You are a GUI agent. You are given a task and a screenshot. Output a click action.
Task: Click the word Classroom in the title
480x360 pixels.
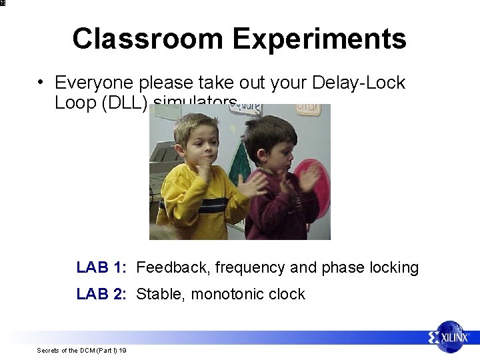click(x=149, y=39)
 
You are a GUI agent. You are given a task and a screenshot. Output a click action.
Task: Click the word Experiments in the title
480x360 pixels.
click(x=319, y=39)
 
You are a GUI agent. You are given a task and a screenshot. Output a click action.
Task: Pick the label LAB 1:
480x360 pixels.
click(x=101, y=267)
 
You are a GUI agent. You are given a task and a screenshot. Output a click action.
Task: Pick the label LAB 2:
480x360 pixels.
click(x=101, y=294)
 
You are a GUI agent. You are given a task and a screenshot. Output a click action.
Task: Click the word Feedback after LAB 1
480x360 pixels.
click(x=171, y=267)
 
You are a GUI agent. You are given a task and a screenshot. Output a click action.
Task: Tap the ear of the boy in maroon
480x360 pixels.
click(x=259, y=147)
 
